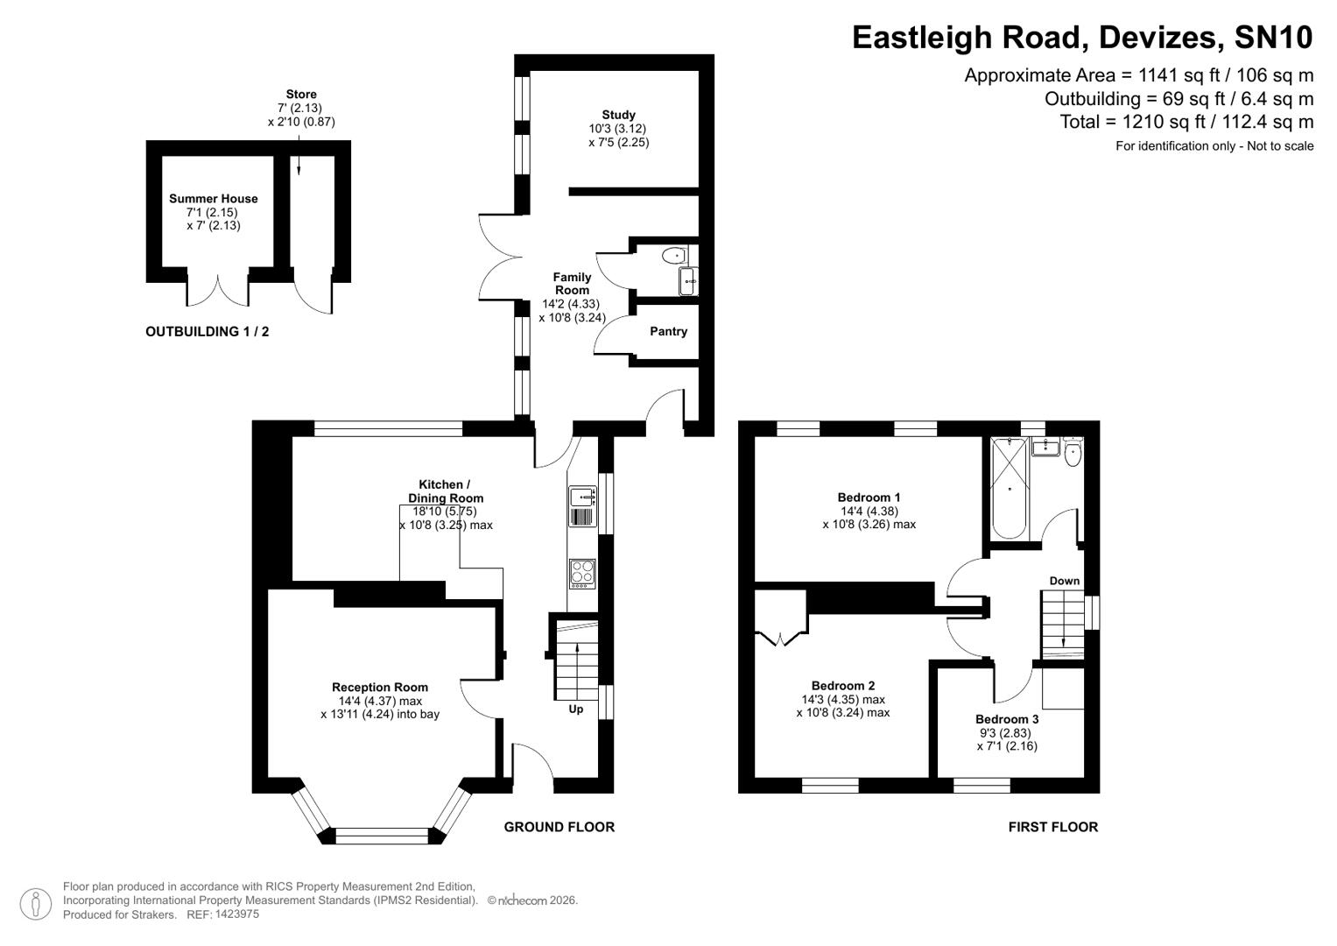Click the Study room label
(618, 115)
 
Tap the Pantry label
(668, 331)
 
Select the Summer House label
(213, 199)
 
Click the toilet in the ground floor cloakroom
(675, 256)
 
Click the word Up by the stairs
(576, 709)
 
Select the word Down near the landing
(1065, 581)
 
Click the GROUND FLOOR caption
(559, 827)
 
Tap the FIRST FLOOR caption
(1052, 827)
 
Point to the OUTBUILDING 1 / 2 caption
(207, 332)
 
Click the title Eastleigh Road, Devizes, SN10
(1082, 38)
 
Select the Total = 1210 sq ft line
(1186, 122)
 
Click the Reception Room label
(380, 688)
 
